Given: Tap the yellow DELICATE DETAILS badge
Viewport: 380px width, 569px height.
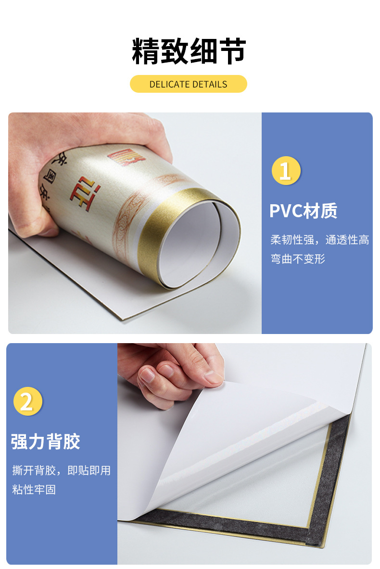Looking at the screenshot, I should [188, 84].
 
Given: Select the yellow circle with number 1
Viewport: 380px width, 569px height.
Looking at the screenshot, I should [286, 171].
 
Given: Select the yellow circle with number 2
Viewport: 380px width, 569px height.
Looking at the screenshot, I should [28, 401].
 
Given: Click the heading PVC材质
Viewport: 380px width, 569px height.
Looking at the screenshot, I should [303, 211].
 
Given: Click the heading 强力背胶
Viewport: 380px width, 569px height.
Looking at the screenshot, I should [45, 442].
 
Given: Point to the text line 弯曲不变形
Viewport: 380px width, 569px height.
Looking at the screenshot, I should [298, 259].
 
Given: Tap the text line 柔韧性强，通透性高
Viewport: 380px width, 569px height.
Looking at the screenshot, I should [320, 240].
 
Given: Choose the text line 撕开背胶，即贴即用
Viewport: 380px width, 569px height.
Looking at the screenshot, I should [61, 470].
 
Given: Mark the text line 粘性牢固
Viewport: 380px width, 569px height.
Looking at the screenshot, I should [34, 490].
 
